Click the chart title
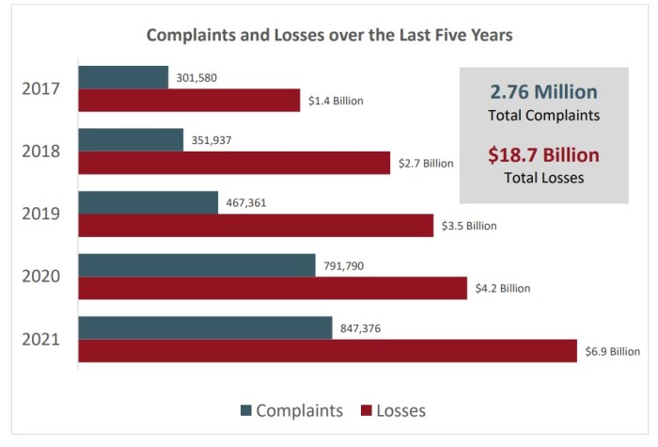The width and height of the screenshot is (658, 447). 329,36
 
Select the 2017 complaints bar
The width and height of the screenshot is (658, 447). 123,77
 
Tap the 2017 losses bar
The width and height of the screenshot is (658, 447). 189,100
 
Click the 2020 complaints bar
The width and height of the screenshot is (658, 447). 196,265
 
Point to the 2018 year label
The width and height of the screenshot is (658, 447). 40,152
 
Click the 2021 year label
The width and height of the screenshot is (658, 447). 40,339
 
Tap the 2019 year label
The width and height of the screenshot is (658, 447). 40,214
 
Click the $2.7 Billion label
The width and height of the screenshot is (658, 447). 425,163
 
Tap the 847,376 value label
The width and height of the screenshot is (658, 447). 359,328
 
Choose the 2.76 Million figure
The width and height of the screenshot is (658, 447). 543,92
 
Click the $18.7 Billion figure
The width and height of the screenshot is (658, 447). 543,155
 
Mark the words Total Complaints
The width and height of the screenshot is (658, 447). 543,116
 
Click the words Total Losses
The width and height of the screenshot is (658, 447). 543,178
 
